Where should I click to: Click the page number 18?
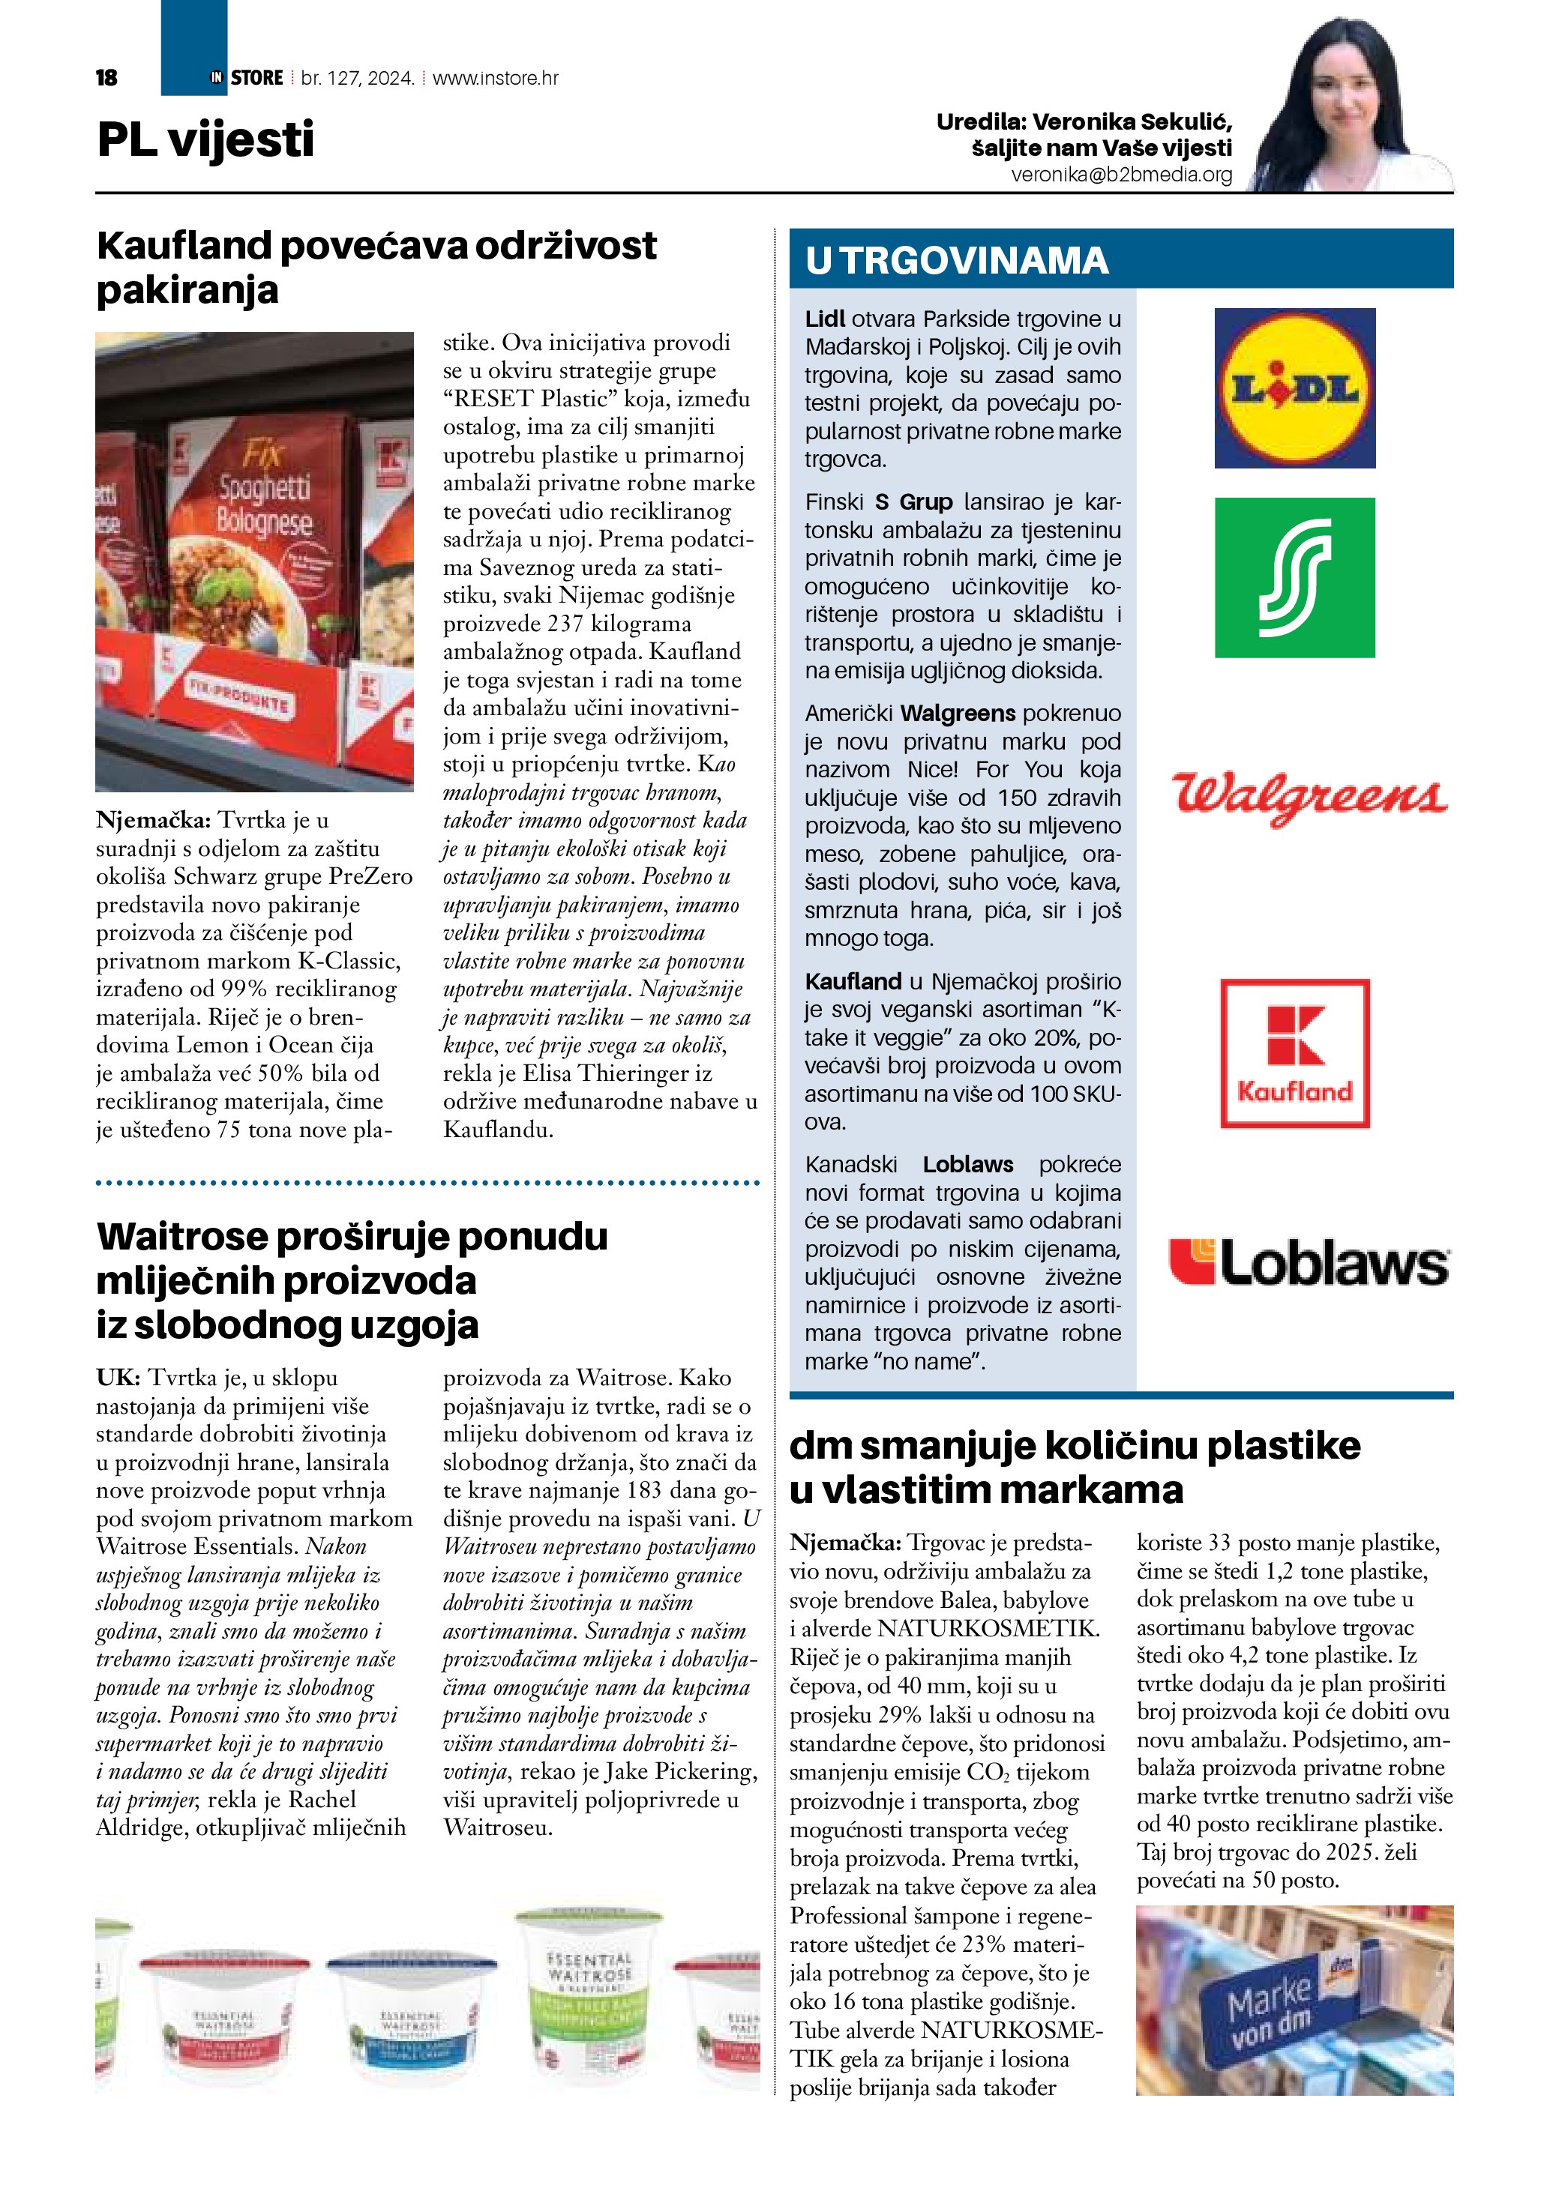107,78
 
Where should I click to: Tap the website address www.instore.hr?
496,78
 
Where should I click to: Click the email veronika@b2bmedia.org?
1122,175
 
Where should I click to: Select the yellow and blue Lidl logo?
1294,388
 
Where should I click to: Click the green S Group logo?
1294,577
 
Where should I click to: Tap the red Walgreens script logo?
1309,796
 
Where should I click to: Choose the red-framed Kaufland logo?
1295,1052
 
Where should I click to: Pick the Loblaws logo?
1309,1262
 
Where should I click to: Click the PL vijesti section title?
205,139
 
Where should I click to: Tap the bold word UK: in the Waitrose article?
118,1377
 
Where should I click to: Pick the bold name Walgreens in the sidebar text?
958,713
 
